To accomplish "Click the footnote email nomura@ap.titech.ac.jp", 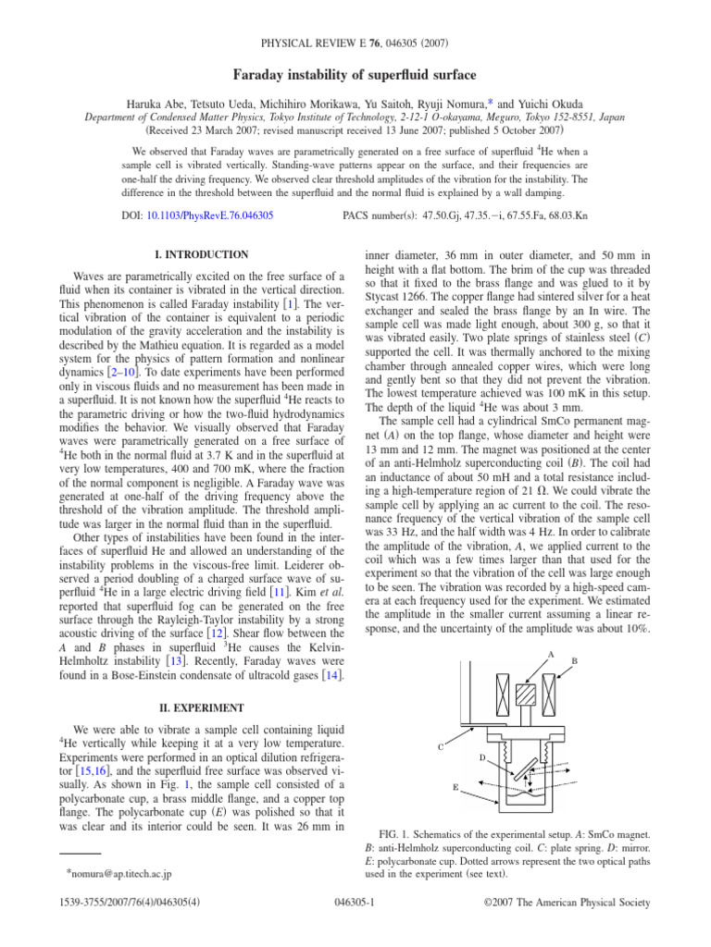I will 124,872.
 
